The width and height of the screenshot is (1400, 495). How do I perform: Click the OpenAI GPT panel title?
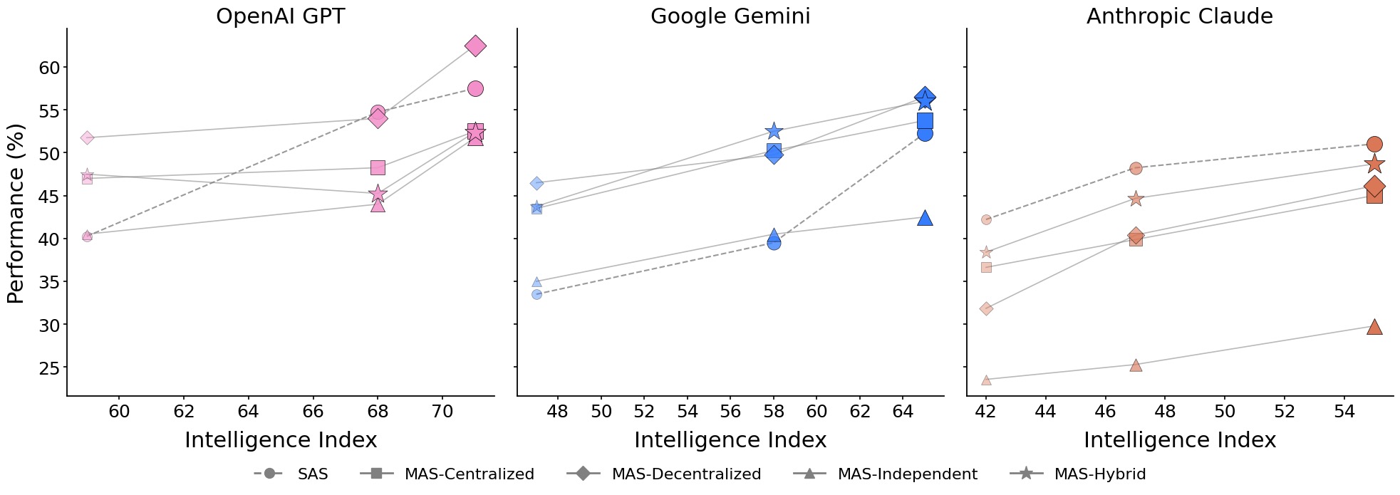tap(280, 16)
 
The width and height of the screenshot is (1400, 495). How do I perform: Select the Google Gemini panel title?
tap(730, 16)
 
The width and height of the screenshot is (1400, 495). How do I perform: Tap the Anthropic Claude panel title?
tap(1179, 16)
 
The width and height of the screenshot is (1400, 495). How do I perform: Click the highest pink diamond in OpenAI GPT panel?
tap(475, 46)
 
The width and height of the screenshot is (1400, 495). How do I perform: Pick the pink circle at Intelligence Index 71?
tap(475, 89)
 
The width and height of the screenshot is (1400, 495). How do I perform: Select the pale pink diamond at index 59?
tap(87, 137)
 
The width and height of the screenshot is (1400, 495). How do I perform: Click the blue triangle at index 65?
tap(925, 218)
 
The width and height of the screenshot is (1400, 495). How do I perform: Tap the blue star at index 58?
tap(774, 131)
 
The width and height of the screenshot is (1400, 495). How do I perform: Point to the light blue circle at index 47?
tap(536, 294)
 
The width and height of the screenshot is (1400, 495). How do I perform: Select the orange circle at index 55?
tap(1374, 145)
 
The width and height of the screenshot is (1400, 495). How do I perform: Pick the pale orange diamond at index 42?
tap(986, 308)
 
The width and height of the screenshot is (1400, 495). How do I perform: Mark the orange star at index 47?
tap(1136, 199)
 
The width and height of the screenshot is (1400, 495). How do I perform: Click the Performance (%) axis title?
tap(16, 213)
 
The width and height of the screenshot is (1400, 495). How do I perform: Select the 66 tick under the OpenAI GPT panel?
tap(313, 412)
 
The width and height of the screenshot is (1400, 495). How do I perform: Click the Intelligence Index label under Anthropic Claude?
tap(1179, 440)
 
